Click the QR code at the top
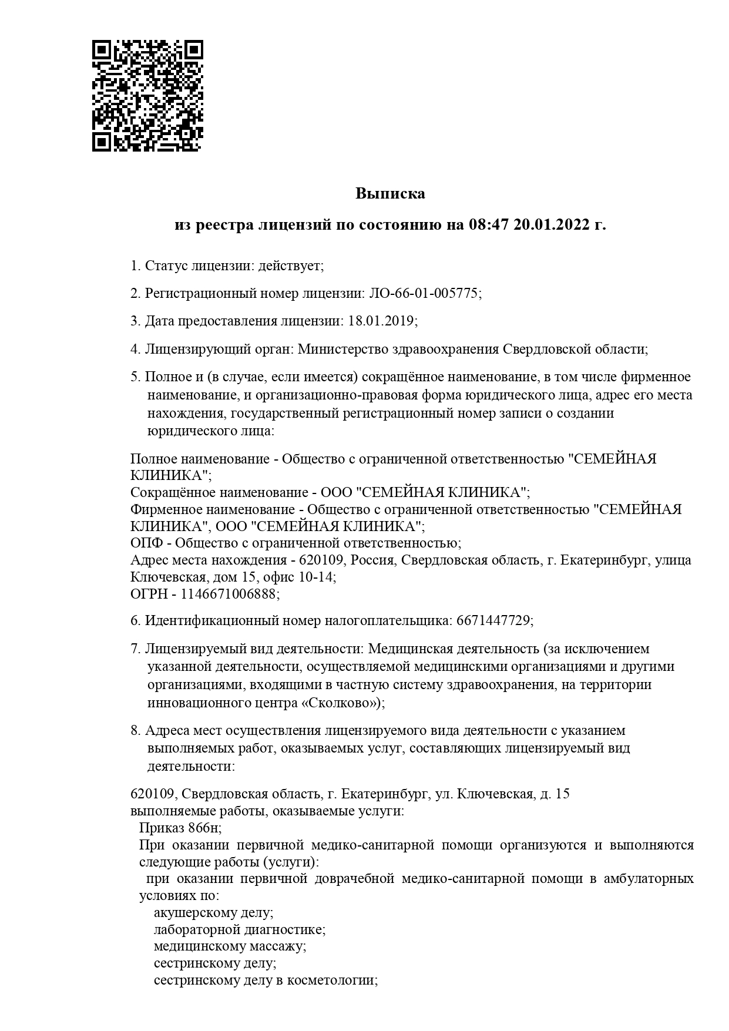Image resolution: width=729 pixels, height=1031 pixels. (147, 96)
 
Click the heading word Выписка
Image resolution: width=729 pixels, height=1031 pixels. (390, 193)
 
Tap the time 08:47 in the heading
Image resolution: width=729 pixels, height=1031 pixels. (488, 224)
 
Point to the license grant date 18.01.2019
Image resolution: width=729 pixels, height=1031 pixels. (381, 321)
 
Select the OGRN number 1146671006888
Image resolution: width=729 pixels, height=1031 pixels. (228, 594)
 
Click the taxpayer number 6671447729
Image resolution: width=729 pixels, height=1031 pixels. (492, 620)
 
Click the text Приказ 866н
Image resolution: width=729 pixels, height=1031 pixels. (180, 828)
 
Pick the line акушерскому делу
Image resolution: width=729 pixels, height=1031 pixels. (213, 913)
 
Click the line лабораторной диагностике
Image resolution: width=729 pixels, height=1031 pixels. (239, 930)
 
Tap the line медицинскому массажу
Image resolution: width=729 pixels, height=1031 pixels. (230, 946)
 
